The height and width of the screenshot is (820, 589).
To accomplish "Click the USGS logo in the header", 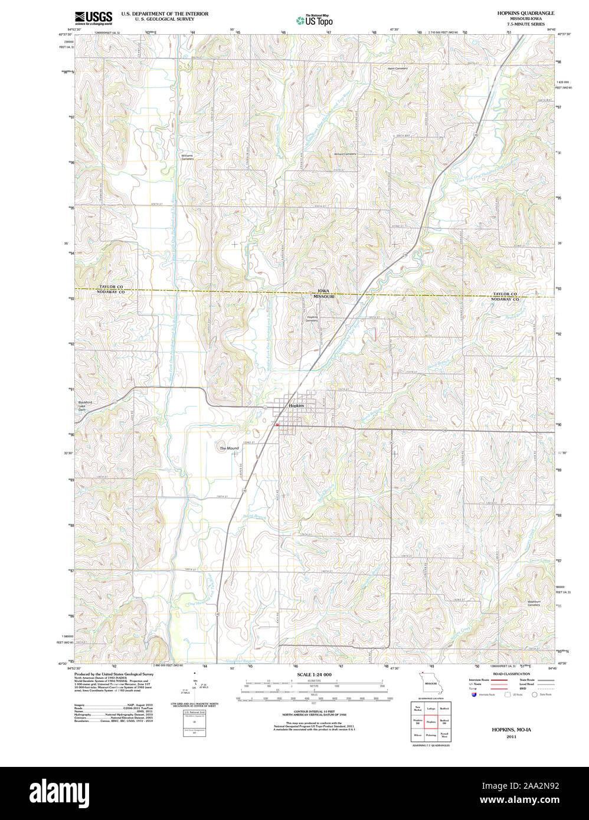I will click(94, 18).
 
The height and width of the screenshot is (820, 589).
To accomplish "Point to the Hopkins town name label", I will click(296, 406).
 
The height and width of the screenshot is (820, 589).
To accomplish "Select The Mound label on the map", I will click(229, 448).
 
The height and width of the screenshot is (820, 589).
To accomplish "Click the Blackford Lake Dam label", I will click(86, 406).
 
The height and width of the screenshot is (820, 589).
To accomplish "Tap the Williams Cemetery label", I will click(187, 158).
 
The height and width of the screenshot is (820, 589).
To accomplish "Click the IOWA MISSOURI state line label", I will click(323, 294).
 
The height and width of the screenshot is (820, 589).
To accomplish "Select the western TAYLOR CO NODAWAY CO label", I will click(112, 289).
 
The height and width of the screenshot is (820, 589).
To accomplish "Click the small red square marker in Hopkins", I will click(276, 424).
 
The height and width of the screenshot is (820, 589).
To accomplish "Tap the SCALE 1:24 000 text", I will click(314, 674).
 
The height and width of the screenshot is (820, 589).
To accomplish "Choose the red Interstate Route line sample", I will click(499, 680).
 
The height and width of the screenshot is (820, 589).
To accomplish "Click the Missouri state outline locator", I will click(430, 684).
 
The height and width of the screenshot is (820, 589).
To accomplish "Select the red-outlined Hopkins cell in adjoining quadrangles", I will click(430, 721).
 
